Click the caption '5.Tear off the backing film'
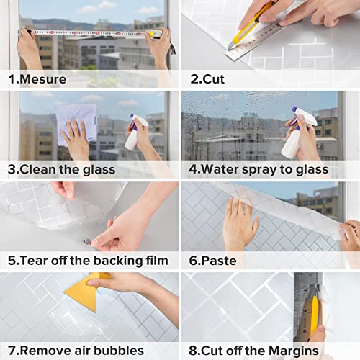tap(88, 260)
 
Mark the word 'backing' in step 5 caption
tap(113, 260)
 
